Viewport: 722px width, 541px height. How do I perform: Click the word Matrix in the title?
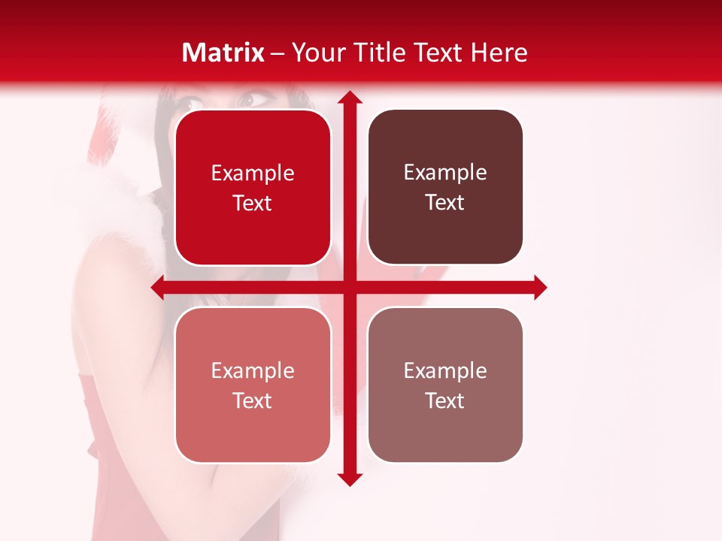[223, 53]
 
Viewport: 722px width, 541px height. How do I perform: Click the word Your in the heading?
[315, 53]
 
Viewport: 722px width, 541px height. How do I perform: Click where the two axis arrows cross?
[348, 288]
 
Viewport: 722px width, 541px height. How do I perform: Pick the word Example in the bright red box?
[253, 174]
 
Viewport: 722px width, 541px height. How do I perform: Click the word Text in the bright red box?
[253, 203]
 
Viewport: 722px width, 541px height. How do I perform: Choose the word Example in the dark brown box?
[445, 173]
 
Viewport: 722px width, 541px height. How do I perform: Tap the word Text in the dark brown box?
[445, 203]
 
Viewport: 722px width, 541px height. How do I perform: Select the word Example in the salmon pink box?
[253, 371]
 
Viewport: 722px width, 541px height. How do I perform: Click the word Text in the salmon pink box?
[253, 400]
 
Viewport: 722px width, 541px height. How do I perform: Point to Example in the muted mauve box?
[445, 371]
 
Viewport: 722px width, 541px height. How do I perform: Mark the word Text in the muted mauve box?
[445, 400]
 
